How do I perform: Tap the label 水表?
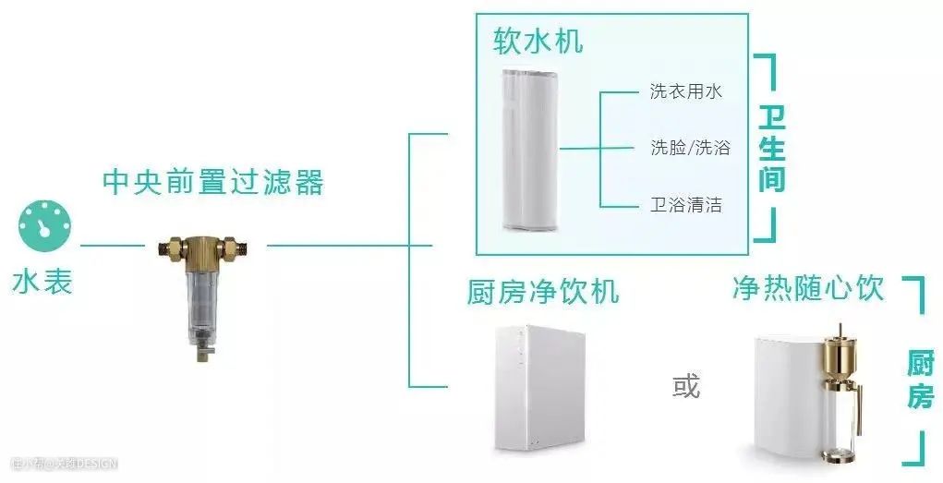point(42,281)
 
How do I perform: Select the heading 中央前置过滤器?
point(213,182)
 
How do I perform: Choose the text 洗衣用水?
point(685,91)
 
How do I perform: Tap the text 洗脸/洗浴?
point(690,148)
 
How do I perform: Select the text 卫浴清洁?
point(685,204)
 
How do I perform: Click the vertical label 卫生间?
point(771,148)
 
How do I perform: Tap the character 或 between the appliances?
point(685,385)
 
